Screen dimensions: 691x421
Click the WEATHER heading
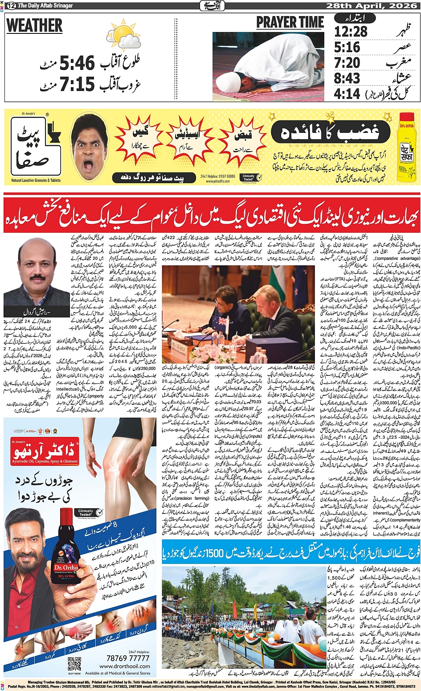coord(34,26)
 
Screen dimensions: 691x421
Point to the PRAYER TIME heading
coord(290,23)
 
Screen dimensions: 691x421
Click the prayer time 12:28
coord(351,32)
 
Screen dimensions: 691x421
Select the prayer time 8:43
coord(347,78)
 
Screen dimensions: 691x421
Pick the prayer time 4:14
coord(347,94)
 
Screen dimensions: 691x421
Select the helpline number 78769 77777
coord(127,658)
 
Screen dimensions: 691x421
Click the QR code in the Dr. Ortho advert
coord(74,662)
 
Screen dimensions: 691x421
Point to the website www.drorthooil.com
coord(124,666)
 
